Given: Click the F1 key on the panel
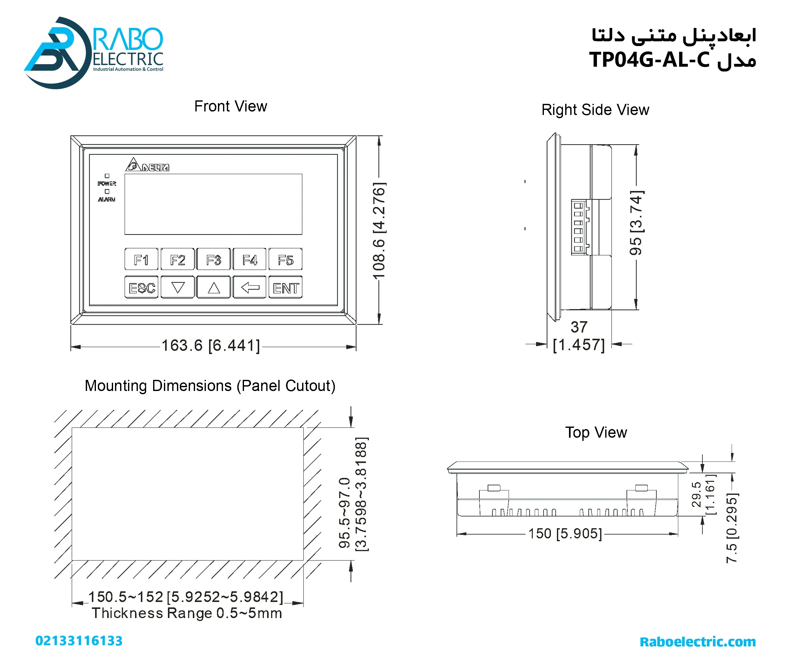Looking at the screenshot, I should click(x=141, y=259).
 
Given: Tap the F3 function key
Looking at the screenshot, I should click(x=213, y=259).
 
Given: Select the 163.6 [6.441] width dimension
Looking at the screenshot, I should click(x=211, y=346).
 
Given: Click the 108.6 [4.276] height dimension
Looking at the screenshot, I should click(x=379, y=231).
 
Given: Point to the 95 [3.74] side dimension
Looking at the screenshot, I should click(x=636, y=223).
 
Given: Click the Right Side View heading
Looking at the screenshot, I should click(x=595, y=110).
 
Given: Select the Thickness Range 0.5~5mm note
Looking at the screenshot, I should click(x=187, y=613).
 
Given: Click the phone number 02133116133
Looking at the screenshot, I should click(x=79, y=641).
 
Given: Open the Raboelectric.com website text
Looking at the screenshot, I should click(x=697, y=642).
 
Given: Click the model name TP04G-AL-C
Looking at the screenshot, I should click(x=649, y=60).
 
